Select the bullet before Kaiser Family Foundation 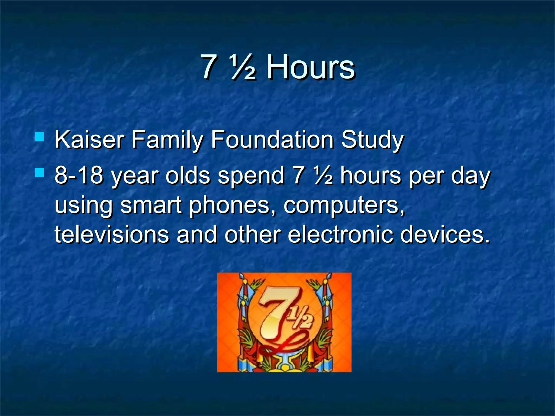point(40,137)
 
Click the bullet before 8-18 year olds point(40,172)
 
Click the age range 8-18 point(79,175)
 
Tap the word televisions point(112,235)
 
